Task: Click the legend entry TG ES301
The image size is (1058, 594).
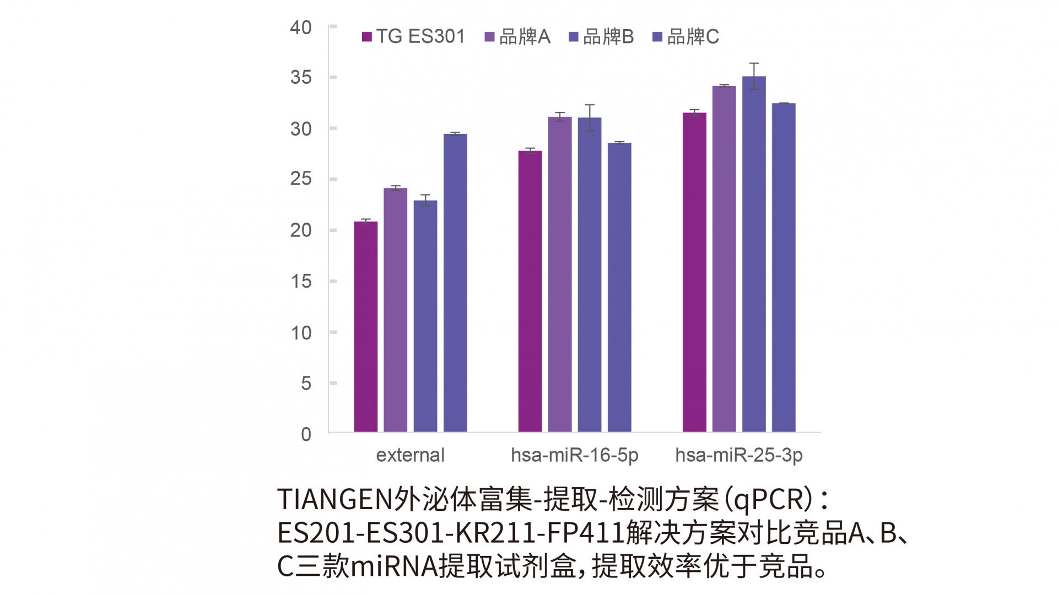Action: coord(413,37)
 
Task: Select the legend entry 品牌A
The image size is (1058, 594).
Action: coord(517,37)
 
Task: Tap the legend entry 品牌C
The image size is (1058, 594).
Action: coord(685,37)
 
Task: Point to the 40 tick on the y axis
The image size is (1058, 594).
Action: coord(301,27)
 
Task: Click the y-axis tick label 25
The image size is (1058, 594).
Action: coord(301,179)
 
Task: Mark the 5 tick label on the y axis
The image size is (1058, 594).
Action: coord(306,383)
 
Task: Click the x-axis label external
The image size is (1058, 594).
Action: coord(410,455)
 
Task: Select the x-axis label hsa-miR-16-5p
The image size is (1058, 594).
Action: coord(574,455)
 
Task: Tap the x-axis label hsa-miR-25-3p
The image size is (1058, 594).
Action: coord(738,455)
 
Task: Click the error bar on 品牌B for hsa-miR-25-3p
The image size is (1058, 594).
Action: coord(754,76)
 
